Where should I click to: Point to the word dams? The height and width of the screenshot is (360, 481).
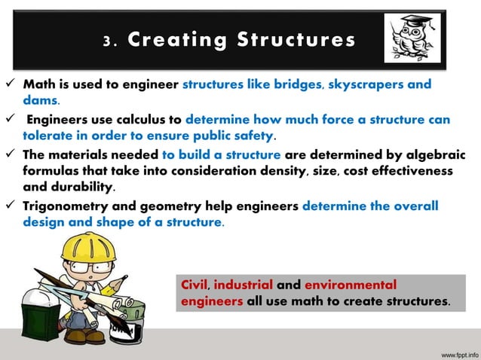pyautogui.click(x=41, y=99)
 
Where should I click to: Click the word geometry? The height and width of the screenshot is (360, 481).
pyautogui.click(x=192, y=207)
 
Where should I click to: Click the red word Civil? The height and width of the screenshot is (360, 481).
pyautogui.click(x=195, y=285)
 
